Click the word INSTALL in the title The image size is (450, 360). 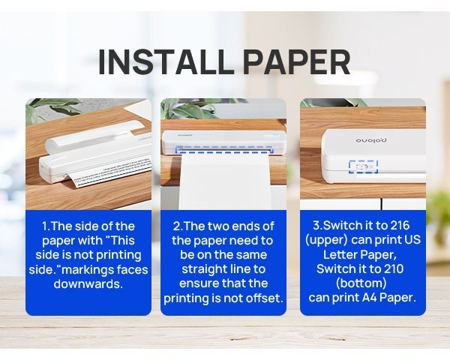[156, 62]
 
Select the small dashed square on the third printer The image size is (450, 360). [362, 166]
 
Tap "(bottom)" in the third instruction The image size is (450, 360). [363, 283]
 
